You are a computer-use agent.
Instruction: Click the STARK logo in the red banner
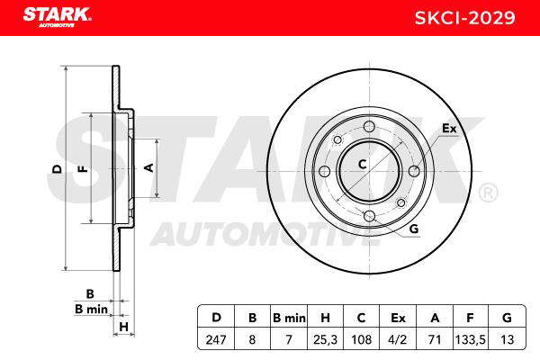coord(57,17)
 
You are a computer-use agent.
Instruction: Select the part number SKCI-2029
coord(464,18)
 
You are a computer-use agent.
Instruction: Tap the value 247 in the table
coord(216,339)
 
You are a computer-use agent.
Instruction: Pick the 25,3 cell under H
coord(325,339)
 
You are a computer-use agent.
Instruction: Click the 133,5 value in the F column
coord(471,339)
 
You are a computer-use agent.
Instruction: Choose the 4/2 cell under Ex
coord(398,339)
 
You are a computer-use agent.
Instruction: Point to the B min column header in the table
coord(289,318)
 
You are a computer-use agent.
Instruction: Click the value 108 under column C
coord(361,339)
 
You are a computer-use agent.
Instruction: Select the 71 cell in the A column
coord(435,339)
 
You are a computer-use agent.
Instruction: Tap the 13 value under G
coord(507,339)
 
